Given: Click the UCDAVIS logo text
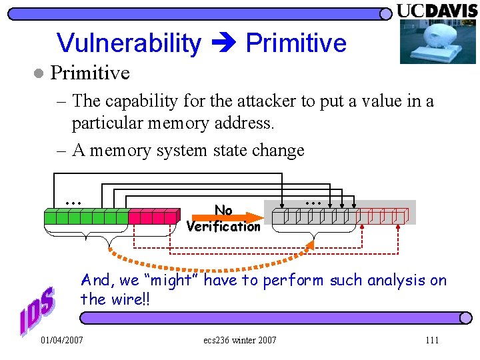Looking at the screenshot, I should click(x=438, y=11).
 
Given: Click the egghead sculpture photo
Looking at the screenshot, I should click(x=438, y=41).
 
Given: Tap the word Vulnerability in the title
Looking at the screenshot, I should click(x=129, y=43).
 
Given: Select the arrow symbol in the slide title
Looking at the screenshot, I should click(x=223, y=44).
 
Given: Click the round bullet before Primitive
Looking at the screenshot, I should click(x=39, y=73).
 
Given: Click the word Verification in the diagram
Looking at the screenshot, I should click(x=223, y=227).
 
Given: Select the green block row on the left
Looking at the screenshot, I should click(x=85, y=216).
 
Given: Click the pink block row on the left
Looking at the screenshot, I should click(x=154, y=216).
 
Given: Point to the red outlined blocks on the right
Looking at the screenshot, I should click(x=382, y=215).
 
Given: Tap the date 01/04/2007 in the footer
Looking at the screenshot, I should click(x=62, y=341).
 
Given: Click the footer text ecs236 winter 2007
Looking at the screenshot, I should click(x=240, y=341).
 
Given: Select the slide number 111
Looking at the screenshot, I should click(x=432, y=341).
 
